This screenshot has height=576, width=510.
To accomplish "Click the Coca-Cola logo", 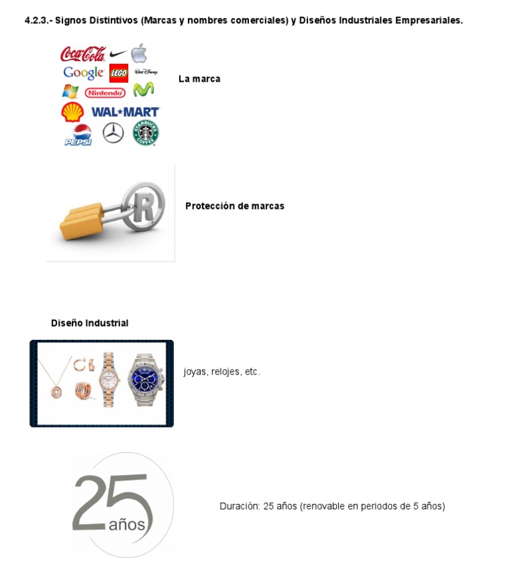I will click(83, 54).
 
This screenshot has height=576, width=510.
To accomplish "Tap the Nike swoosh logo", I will click(118, 54).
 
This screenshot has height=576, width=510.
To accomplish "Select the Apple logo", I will click(139, 53).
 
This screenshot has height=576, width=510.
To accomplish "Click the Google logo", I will click(83, 73).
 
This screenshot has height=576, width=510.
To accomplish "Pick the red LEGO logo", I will click(119, 73).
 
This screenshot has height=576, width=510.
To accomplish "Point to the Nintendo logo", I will click(105, 92).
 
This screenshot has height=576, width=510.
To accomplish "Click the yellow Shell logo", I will click(72, 112).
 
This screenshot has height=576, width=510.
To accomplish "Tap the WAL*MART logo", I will click(125, 112).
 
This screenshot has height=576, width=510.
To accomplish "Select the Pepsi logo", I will click(78, 134).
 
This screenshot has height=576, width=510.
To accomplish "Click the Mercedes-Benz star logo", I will click(113, 134).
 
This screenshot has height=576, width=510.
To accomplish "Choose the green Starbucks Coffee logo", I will click(145, 133).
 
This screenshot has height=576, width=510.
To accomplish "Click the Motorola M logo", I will click(143, 90).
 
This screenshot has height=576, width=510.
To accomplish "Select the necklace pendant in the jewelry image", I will click(56, 391).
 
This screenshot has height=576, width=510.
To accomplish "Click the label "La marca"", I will click(199, 78).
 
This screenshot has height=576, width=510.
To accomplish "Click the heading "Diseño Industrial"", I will click(90, 323).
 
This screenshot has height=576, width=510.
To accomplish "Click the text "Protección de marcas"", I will click(234, 206).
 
